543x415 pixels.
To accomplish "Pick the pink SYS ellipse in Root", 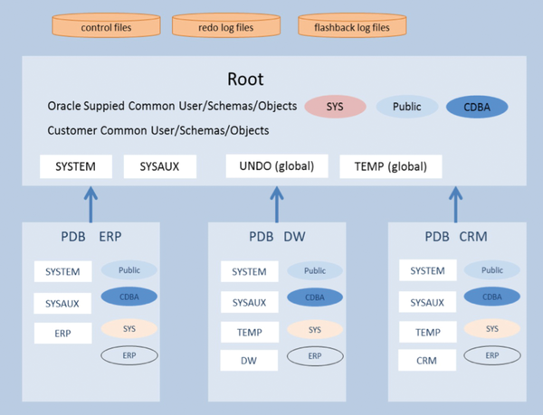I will (x=335, y=107).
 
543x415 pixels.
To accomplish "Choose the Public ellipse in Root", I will (x=405, y=107).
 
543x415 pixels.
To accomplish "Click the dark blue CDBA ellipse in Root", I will (x=477, y=107).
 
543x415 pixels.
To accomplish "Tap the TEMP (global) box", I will (x=390, y=166).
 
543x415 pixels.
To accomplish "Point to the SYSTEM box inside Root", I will (x=75, y=166).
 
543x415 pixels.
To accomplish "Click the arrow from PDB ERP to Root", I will (x=89, y=203).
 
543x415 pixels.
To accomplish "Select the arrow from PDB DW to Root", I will (x=272, y=203).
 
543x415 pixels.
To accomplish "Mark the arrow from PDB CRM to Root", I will (x=455, y=203).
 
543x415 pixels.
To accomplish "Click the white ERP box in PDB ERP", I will (x=62, y=333).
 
